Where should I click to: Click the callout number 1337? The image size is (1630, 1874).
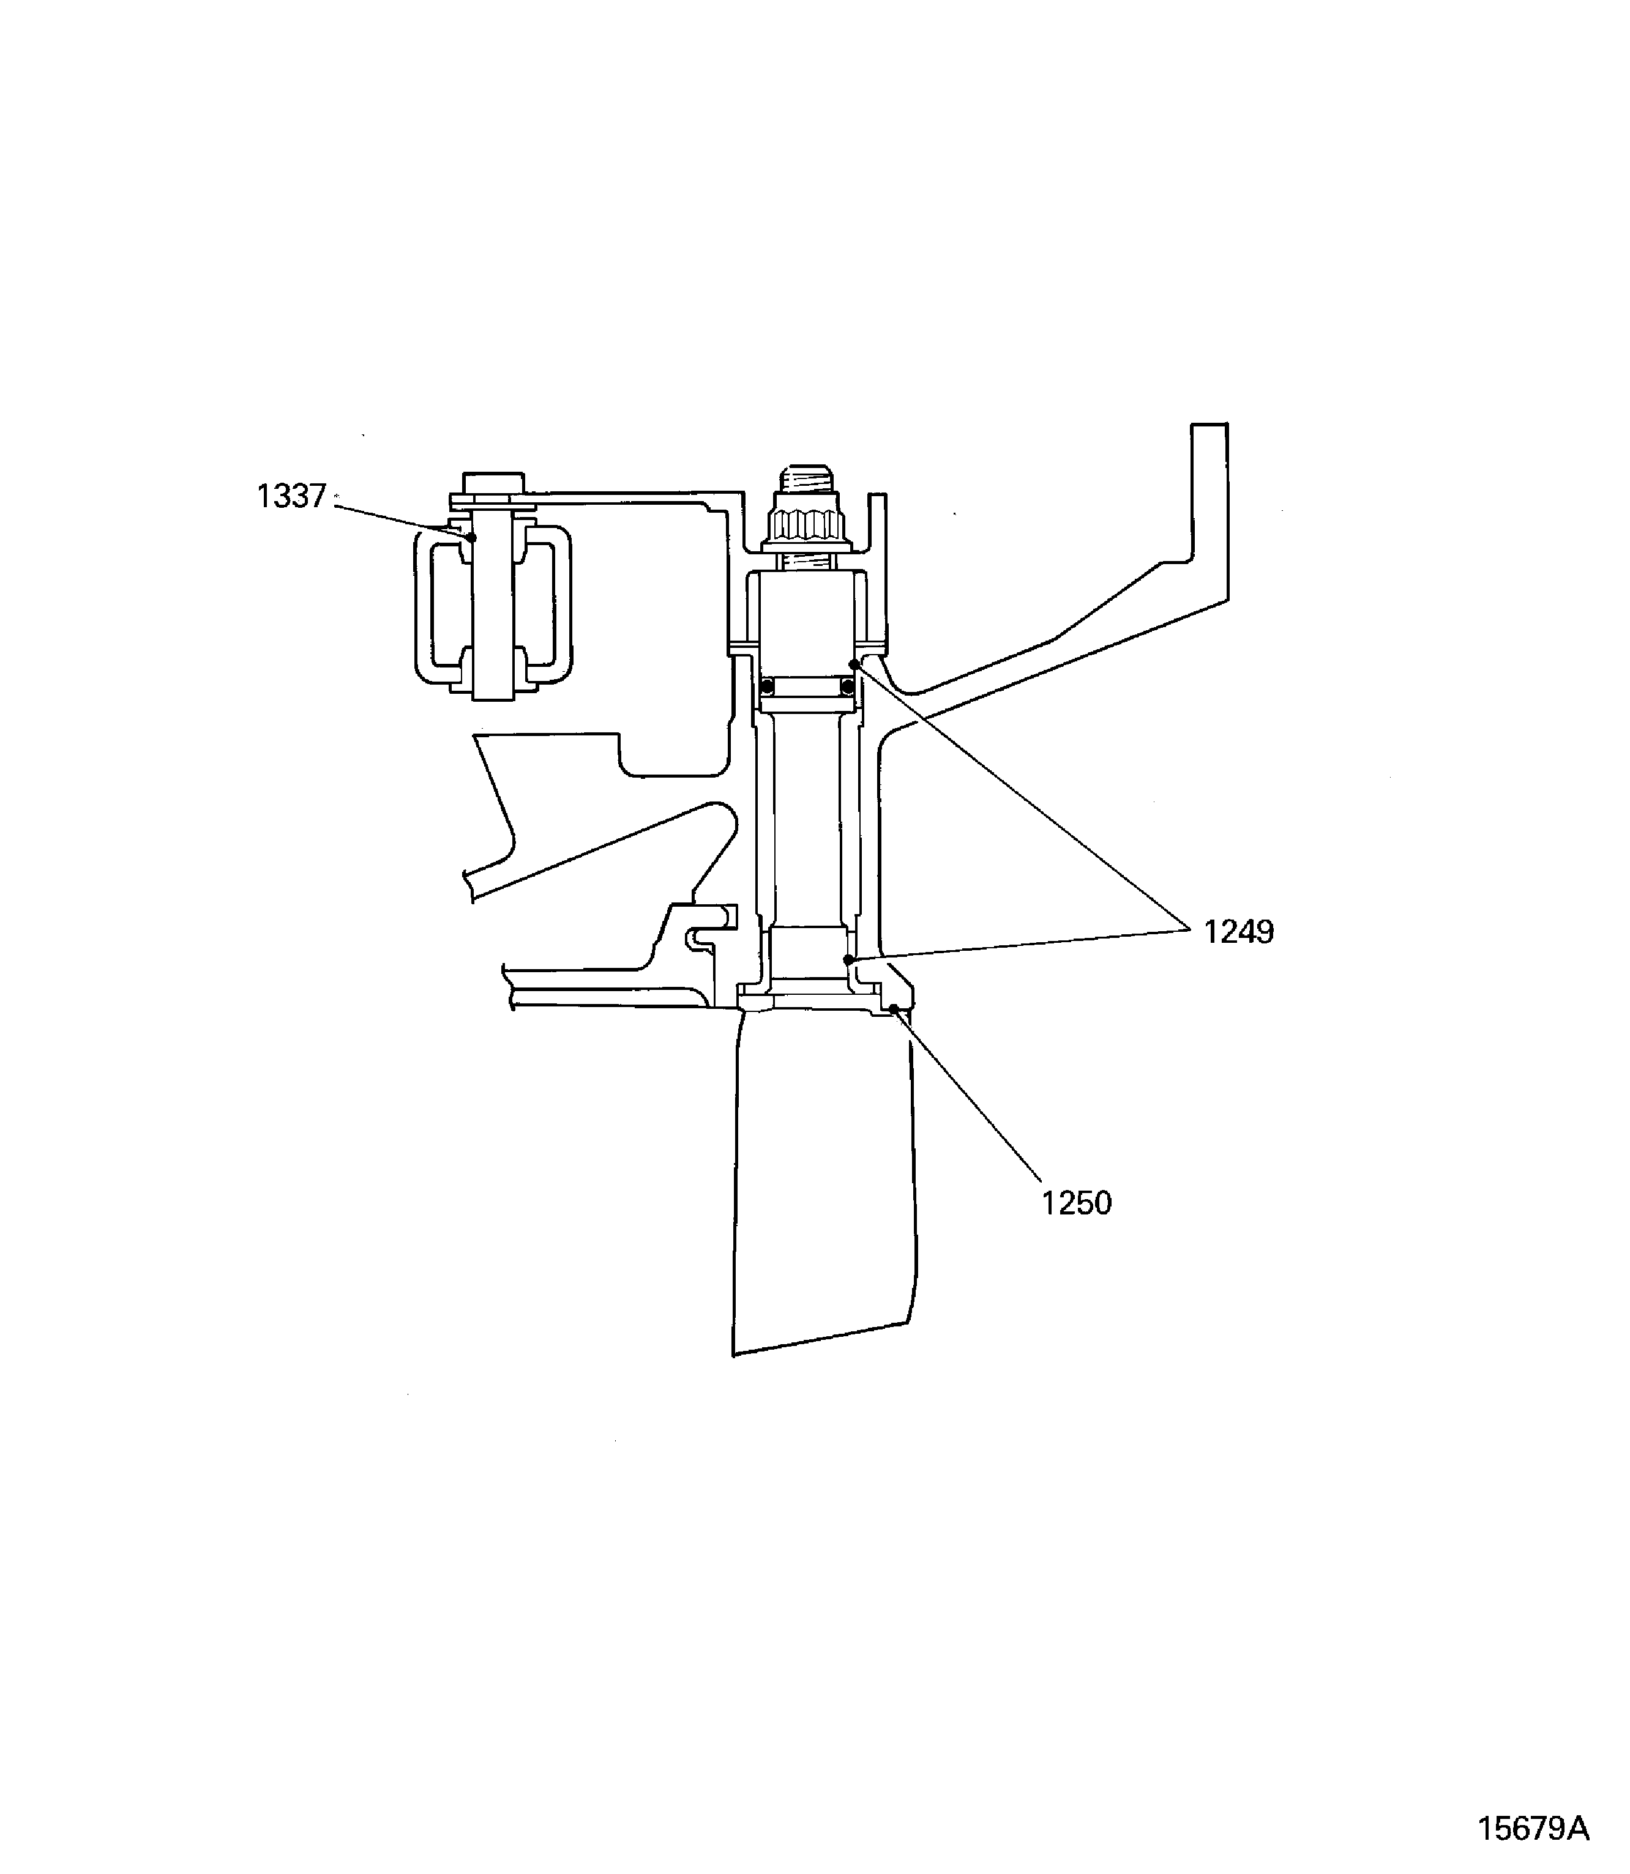tap(291, 496)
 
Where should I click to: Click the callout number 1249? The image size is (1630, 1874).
tap(1239, 932)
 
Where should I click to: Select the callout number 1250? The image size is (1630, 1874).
tap(1076, 1203)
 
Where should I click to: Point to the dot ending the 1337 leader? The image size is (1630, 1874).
tap(472, 537)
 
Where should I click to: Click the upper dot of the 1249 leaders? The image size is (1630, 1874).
tap(853, 664)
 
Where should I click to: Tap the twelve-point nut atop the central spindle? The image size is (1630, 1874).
tap(810, 528)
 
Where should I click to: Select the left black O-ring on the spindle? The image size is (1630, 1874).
tap(767, 686)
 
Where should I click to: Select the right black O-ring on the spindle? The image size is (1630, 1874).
tap(848, 686)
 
